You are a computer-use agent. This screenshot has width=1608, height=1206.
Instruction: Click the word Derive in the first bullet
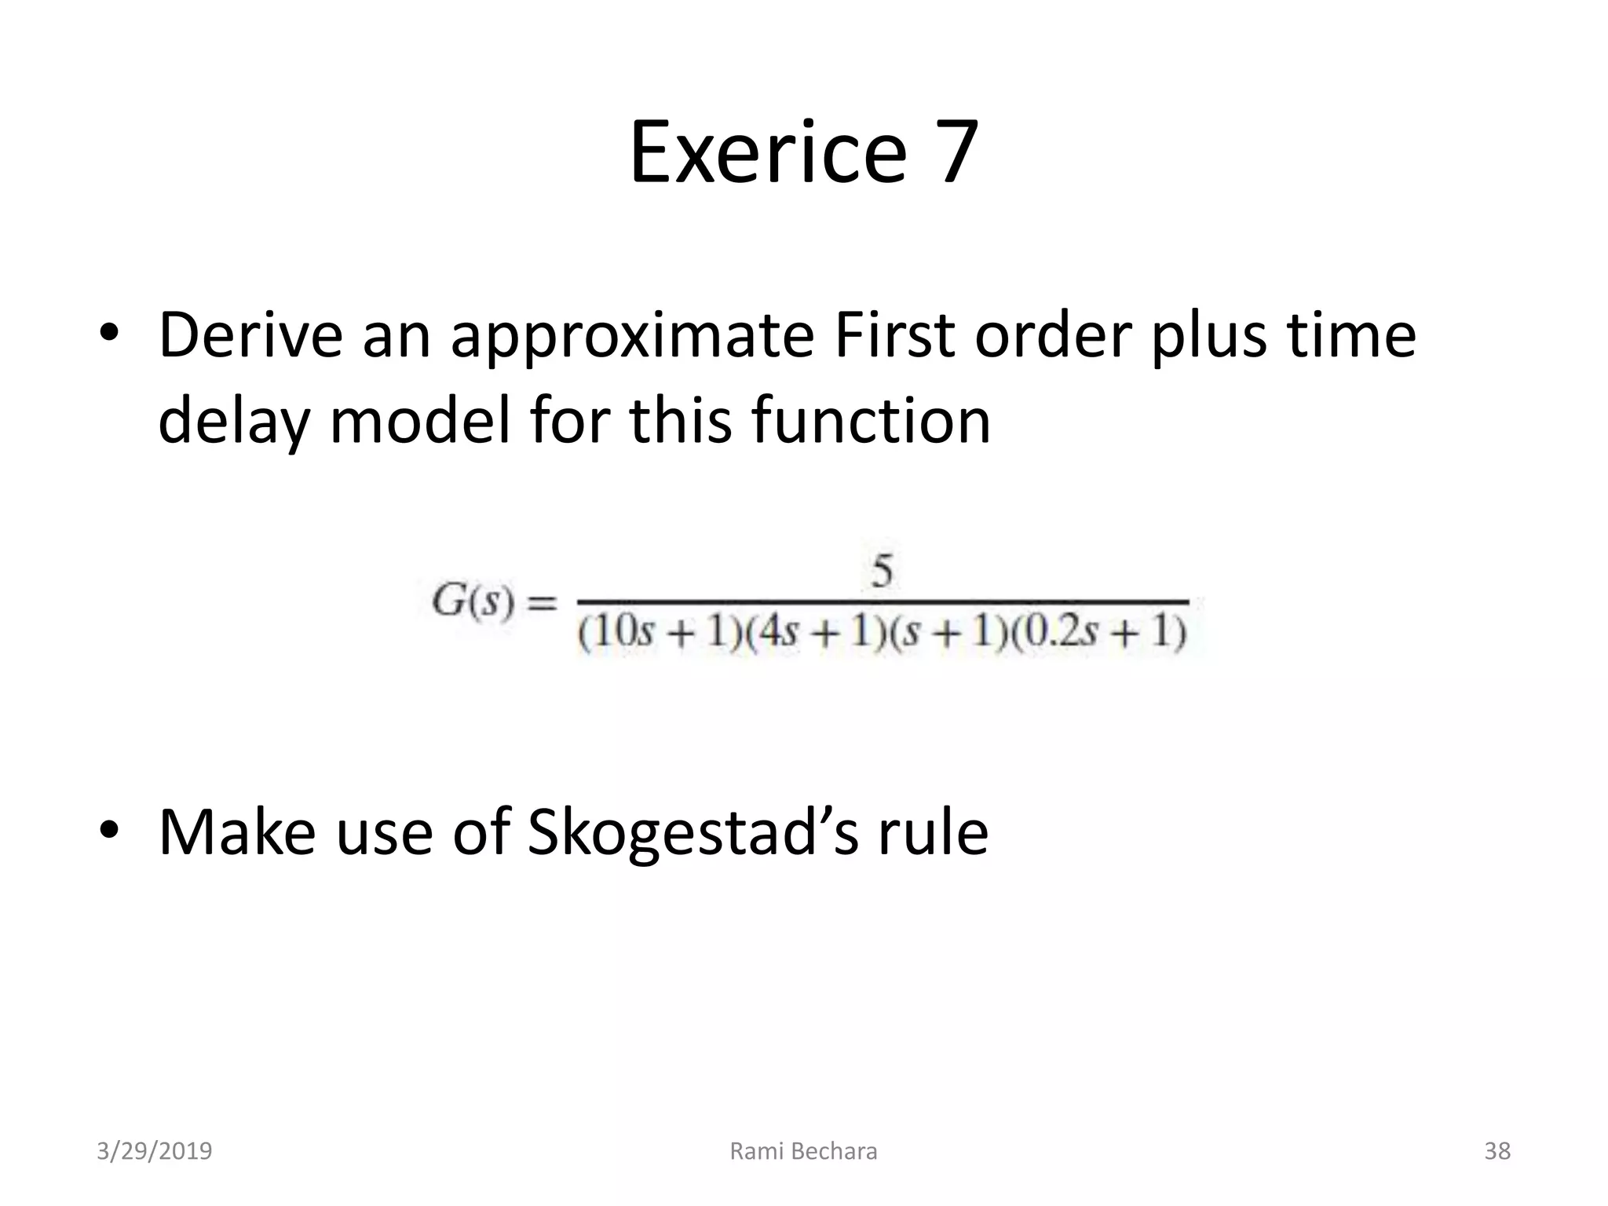pos(250,336)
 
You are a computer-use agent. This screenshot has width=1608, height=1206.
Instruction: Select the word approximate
pos(632,336)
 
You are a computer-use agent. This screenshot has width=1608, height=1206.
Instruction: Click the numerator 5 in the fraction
pos(883,571)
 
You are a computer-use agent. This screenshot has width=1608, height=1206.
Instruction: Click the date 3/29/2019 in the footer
pos(154,1151)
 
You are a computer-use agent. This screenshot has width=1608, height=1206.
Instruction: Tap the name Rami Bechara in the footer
pos(803,1151)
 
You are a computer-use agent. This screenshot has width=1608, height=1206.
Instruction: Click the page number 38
pos(1497,1151)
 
